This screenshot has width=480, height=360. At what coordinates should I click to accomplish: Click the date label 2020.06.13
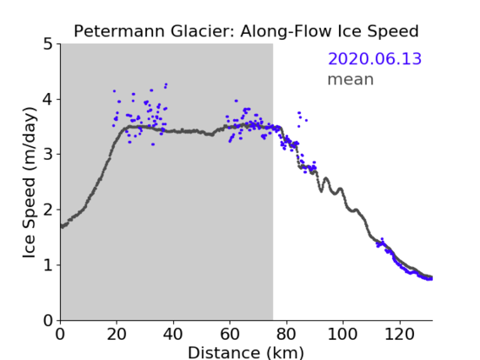pyautogui.click(x=374, y=59)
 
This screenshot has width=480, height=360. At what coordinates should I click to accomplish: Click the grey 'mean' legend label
pyautogui.click(x=351, y=79)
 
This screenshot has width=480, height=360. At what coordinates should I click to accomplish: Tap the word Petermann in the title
pyautogui.click(x=119, y=31)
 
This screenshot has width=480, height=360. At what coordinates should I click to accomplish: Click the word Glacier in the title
pyautogui.click(x=202, y=31)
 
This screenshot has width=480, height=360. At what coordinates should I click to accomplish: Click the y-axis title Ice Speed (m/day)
pyautogui.click(x=30, y=183)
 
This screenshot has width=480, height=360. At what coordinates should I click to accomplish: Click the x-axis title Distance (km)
pyautogui.click(x=246, y=352)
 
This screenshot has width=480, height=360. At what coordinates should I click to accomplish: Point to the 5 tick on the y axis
pyautogui.click(x=48, y=44)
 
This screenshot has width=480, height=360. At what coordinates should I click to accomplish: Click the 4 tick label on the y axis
pyautogui.click(x=48, y=99)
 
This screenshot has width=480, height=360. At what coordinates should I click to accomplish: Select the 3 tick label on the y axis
pyautogui.click(x=48, y=155)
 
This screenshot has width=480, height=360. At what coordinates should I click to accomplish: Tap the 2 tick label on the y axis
pyautogui.click(x=48, y=210)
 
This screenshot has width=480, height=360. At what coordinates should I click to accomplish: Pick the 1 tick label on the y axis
pyautogui.click(x=48, y=265)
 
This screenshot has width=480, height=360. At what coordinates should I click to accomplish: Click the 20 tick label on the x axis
pyautogui.click(x=117, y=334)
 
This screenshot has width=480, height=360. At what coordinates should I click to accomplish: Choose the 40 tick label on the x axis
pyautogui.click(x=173, y=334)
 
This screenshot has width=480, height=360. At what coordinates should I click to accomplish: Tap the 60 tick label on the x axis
pyautogui.click(x=230, y=334)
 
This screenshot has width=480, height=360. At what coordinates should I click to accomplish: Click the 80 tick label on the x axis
pyautogui.click(x=286, y=334)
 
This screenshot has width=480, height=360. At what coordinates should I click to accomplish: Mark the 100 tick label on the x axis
pyautogui.click(x=342, y=334)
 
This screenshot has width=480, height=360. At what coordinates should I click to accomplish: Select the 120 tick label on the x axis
pyautogui.click(x=399, y=334)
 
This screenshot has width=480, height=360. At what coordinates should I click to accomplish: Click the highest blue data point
pyautogui.click(x=166, y=84)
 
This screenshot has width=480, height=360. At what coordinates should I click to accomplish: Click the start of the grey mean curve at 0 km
pyautogui.click(x=62, y=226)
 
